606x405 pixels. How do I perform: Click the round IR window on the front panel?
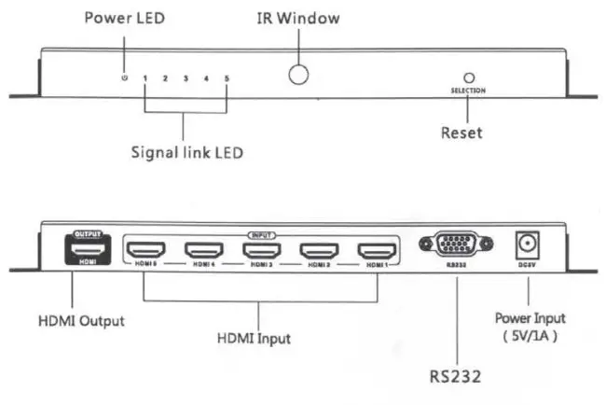297,75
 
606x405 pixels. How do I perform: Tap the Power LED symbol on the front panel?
124,77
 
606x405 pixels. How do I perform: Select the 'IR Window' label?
296,18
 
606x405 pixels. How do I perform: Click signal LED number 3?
186,77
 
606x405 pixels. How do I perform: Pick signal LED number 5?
226,77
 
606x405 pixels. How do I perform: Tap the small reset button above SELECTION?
469,79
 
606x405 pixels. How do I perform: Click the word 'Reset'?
461,133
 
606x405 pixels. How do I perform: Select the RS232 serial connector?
451,246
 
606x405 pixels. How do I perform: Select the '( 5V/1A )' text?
530,334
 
